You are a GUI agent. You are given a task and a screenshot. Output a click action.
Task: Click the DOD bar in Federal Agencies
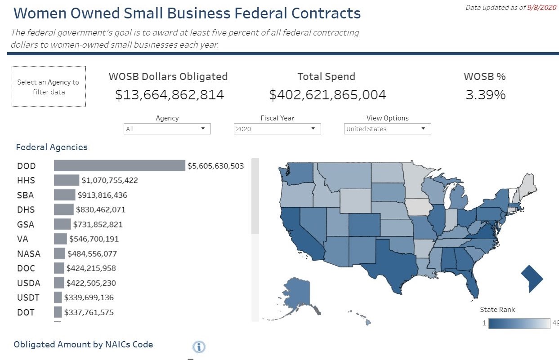(x=119, y=166)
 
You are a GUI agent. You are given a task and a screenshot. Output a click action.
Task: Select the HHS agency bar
(x=67, y=180)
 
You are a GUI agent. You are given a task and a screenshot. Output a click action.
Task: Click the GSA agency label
(x=26, y=224)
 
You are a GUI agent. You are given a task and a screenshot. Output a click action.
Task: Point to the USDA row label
(x=29, y=283)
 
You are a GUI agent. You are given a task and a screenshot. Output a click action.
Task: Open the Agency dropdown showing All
(x=167, y=129)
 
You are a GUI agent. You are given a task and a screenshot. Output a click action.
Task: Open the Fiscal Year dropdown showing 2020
(x=277, y=129)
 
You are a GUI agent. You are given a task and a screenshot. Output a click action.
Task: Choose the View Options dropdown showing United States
(x=387, y=129)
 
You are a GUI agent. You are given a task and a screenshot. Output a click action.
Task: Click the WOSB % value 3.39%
(x=485, y=95)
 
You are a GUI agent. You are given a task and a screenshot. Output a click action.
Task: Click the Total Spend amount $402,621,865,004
(x=327, y=95)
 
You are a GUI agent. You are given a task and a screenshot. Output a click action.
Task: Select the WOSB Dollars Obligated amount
(x=170, y=95)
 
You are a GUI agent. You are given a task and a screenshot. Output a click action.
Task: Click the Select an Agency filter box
(x=49, y=87)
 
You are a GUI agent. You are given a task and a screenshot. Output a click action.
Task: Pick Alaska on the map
(x=297, y=293)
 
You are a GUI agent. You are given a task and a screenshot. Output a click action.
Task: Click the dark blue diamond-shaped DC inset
(x=532, y=279)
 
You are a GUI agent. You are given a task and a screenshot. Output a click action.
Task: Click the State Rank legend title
(x=497, y=309)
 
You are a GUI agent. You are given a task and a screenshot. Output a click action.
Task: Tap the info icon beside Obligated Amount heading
(x=199, y=347)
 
